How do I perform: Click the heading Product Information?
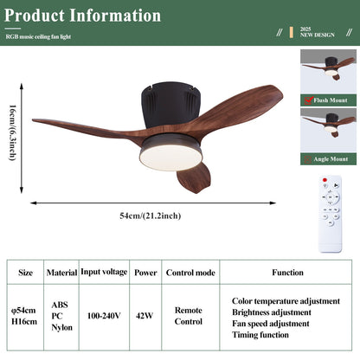point(81,16)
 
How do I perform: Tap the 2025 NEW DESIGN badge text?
point(317,32)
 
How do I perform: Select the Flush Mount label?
point(331,100)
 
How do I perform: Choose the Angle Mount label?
point(331,159)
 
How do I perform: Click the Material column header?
point(61,272)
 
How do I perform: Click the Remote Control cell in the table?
point(188,315)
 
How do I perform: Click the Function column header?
point(287,272)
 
